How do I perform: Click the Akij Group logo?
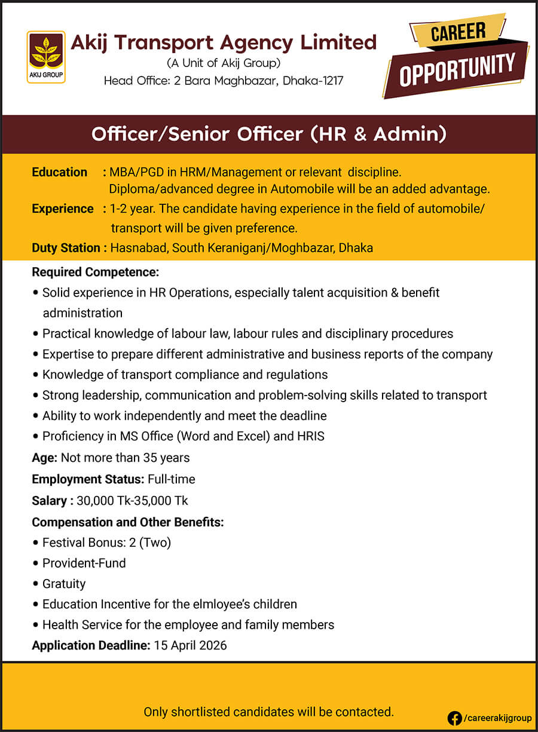(46, 57)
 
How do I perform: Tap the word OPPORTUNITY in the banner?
(457, 69)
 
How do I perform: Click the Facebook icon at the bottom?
(454, 718)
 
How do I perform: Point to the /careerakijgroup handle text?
(497, 718)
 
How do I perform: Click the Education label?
(59, 172)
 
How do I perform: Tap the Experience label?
(62, 209)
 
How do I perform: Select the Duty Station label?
(66, 247)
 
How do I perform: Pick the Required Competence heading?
(95, 272)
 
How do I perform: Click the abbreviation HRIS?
(310, 436)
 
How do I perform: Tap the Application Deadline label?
(90, 645)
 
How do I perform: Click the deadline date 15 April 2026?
(190, 645)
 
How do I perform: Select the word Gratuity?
(64, 584)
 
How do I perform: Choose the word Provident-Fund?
(84, 563)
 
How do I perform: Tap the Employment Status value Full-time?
(171, 479)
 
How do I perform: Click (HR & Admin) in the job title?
(378, 134)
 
